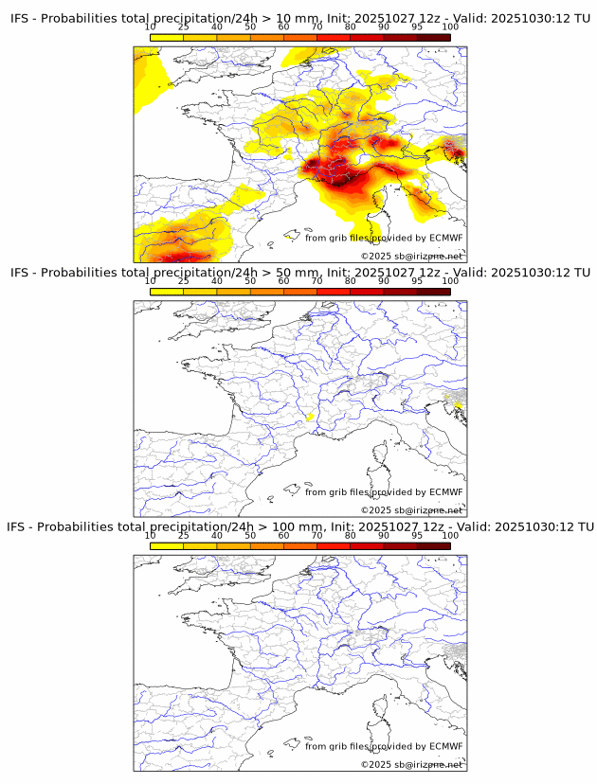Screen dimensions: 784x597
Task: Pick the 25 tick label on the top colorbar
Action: click(184, 27)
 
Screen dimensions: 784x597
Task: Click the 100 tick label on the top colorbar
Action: click(450, 27)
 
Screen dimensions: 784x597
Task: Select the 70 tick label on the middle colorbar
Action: click(317, 281)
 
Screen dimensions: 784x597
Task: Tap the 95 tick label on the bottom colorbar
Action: click(417, 535)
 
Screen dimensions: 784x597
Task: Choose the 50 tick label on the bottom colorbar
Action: click(250, 535)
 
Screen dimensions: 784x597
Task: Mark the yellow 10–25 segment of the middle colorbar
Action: click(167, 291)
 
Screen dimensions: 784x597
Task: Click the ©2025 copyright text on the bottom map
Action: click(375, 764)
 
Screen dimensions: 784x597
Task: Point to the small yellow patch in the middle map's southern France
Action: click(310, 417)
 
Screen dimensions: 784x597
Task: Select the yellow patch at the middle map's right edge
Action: click(459, 405)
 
